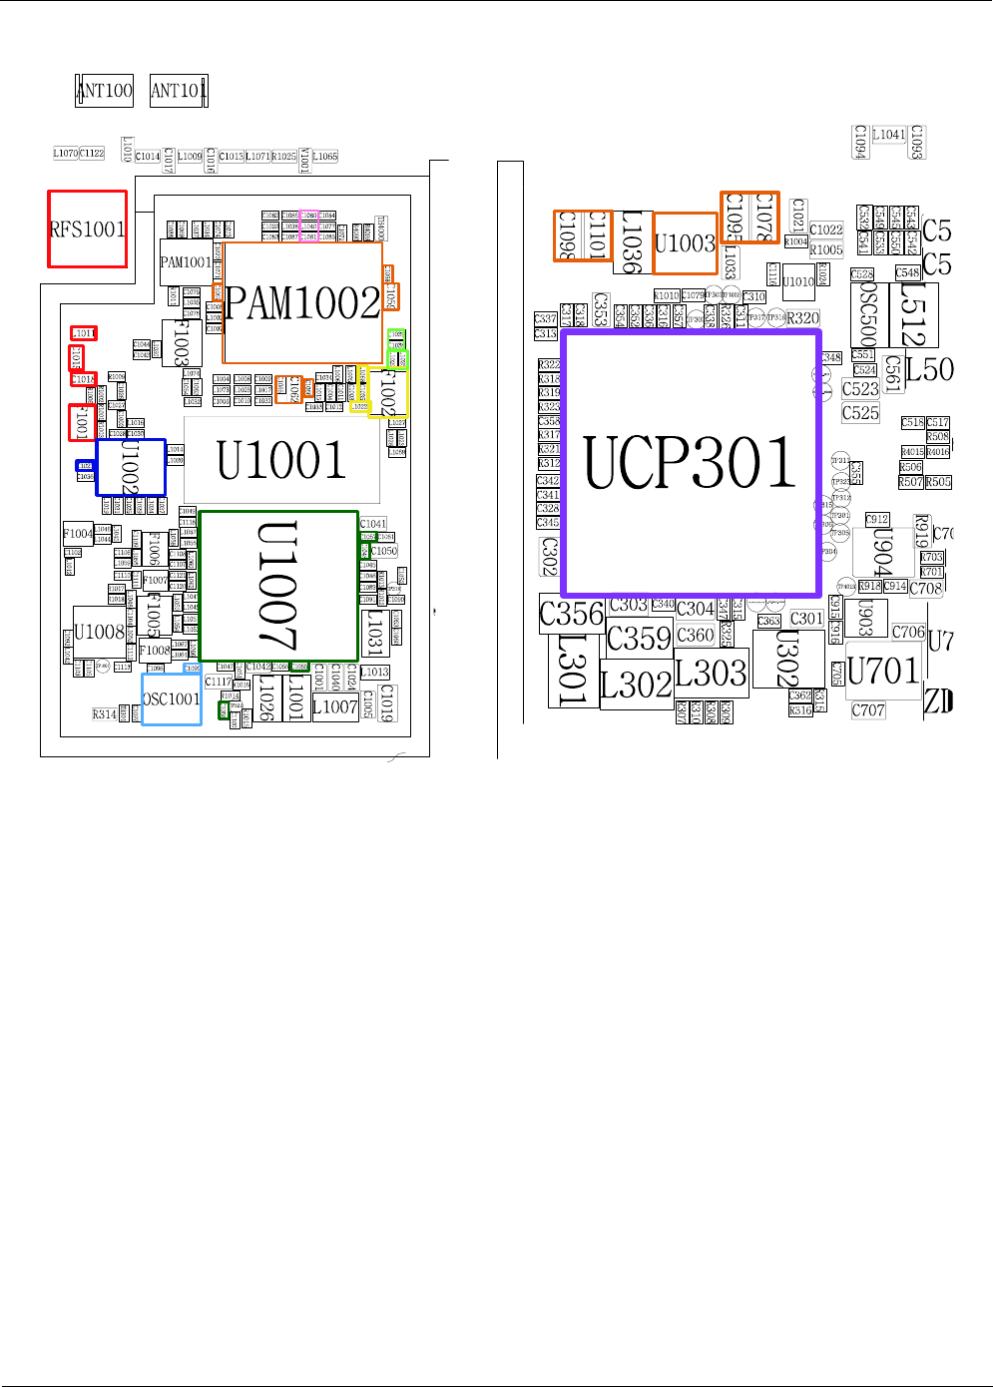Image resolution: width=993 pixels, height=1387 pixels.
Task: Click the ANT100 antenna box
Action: coord(105,91)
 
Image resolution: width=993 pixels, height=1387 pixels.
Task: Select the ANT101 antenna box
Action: coord(179,91)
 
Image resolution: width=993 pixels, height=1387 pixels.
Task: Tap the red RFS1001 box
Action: coord(88,230)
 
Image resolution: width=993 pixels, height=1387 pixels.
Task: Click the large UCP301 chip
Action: coord(691,463)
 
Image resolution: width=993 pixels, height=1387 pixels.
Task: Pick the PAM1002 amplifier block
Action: coord(302,302)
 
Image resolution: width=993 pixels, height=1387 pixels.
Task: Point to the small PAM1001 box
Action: coord(186,262)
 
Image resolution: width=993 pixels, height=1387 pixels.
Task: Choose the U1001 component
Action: coord(281,460)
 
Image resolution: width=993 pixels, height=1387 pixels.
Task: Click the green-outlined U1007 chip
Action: coord(278,586)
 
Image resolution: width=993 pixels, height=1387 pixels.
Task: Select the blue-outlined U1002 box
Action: coord(131,467)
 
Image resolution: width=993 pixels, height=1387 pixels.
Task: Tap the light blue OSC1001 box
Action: coord(172,699)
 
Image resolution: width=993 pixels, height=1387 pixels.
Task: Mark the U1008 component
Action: coord(99,632)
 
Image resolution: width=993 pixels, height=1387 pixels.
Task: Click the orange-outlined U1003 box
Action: coord(685,243)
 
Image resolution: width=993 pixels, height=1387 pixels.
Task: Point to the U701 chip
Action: coord(883,671)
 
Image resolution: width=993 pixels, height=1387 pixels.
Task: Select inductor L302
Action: coord(636,686)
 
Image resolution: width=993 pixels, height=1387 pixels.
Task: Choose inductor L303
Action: coord(711,673)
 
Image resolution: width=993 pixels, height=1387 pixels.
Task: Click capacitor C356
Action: coord(572,614)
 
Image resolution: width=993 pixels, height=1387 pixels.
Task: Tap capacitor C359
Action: coord(639,638)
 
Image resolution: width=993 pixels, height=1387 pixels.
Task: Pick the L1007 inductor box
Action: coord(335,707)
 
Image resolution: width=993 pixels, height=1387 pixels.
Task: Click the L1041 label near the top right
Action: coord(889,135)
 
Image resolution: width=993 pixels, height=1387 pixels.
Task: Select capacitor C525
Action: coord(860,413)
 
